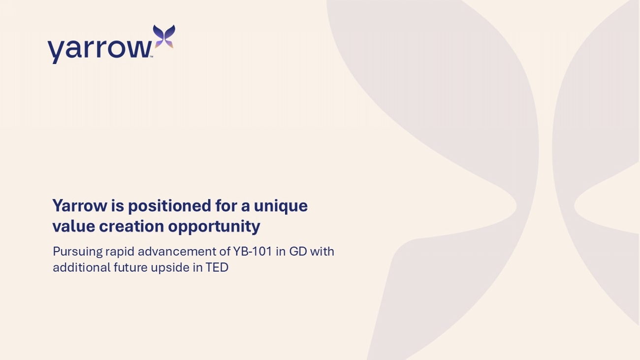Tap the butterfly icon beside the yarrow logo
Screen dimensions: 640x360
(164, 36)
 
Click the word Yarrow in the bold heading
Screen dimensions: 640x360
(80, 206)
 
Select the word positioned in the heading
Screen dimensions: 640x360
(170, 206)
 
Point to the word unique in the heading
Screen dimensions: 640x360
(281, 206)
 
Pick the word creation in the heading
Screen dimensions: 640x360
(131, 226)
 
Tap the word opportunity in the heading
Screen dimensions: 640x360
(214, 227)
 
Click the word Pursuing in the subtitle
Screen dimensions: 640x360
(78, 252)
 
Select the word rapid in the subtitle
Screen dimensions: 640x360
(120, 252)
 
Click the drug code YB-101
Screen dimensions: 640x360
(252, 252)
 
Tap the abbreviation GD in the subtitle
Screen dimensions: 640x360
(298, 252)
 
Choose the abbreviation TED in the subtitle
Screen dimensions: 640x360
(217, 268)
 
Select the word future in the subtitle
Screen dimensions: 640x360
(130, 268)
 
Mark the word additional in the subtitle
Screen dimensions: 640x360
(82, 268)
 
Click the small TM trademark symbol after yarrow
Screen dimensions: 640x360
(152, 57)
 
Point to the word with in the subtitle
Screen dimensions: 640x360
(322, 252)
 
